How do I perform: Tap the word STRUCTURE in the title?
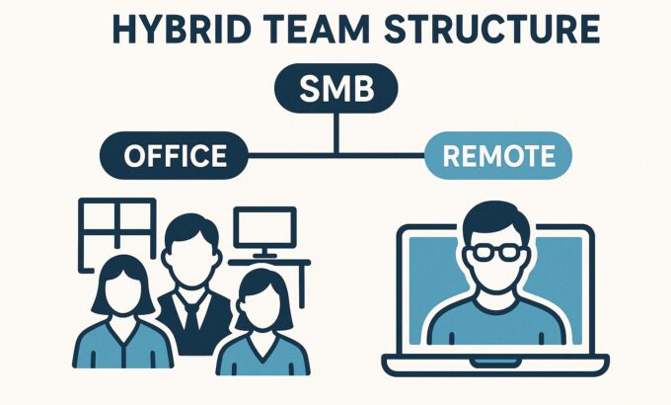(x=492, y=30)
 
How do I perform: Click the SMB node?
(x=336, y=88)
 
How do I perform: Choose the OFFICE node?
(x=175, y=155)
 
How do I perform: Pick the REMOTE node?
(x=498, y=155)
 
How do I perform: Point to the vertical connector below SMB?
(x=336, y=133)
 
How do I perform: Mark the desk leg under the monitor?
(x=302, y=285)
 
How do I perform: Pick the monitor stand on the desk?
(x=264, y=253)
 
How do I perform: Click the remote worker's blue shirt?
(x=496, y=322)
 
